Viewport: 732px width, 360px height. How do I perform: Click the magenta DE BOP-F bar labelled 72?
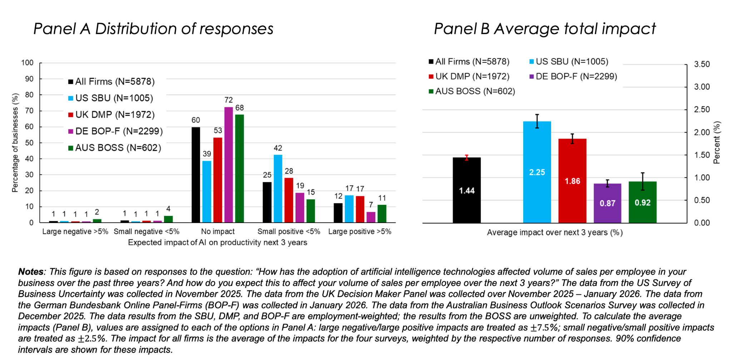point(228,165)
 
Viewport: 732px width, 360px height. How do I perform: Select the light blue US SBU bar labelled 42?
point(278,189)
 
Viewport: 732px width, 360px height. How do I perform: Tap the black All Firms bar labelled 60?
point(196,175)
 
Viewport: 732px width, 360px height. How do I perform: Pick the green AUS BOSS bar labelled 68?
point(239,169)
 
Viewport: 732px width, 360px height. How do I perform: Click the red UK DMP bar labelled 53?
point(218,180)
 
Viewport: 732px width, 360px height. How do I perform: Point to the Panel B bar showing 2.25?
point(537,172)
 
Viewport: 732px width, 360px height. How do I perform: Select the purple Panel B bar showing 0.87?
point(607,203)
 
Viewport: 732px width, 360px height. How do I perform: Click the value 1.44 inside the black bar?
point(467,191)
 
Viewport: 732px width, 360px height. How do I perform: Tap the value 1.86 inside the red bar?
point(572,181)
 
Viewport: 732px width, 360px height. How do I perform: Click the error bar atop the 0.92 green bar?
point(643,181)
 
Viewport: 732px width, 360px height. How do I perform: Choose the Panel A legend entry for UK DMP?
point(111,115)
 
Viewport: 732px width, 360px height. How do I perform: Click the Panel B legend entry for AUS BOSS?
point(472,91)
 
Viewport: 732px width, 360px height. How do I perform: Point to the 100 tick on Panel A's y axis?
point(28,63)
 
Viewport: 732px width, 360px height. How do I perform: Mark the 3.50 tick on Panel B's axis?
point(702,64)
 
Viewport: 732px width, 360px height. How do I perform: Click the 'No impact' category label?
point(218,232)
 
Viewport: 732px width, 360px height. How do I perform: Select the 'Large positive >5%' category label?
point(360,232)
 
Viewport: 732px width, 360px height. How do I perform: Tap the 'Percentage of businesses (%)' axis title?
point(15,143)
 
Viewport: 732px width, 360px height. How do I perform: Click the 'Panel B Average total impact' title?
point(545,29)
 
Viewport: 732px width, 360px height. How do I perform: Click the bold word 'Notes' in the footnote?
point(31,272)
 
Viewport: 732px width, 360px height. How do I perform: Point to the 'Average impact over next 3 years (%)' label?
point(555,233)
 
